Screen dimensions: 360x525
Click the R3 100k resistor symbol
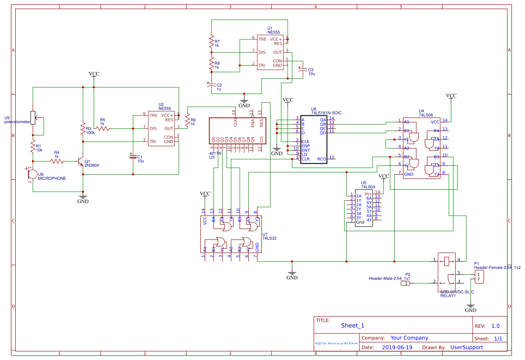pos(83,129)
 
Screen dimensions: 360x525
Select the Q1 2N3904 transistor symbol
pos(81,161)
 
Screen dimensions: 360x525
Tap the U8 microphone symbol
pos(32,174)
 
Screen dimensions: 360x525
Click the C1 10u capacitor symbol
pos(133,155)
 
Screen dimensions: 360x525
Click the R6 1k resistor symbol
pos(187,121)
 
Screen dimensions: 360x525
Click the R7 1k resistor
pos(212,43)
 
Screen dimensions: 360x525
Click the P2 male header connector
pos(405,283)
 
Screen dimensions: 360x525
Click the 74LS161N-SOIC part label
pos(326,113)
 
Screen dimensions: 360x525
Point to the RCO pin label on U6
pos(322,159)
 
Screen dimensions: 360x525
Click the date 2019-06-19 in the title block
pos(397,347)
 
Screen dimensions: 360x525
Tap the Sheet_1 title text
pos(352,325)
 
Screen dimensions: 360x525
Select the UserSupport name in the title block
pos(466,347)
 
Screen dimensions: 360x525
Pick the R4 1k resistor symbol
pos(57,161)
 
